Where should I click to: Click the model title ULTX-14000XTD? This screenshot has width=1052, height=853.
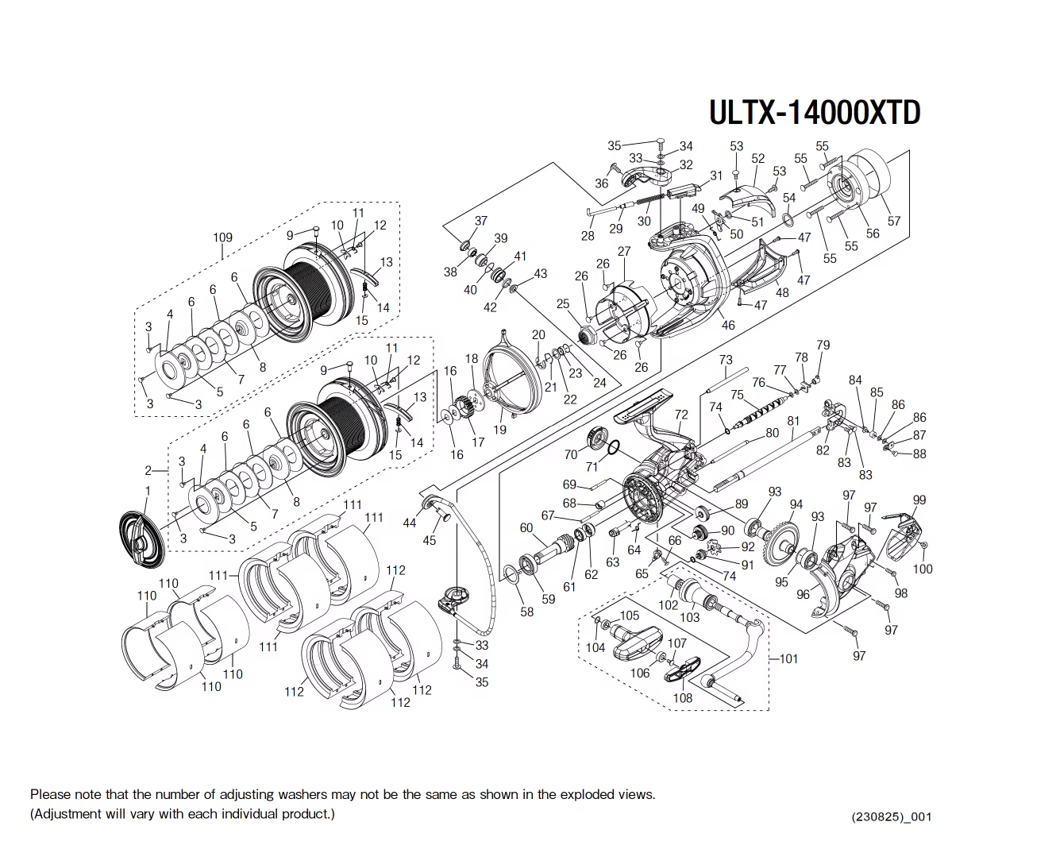(x=814, y=112)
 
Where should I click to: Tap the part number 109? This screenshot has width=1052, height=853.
(x=222, y=237)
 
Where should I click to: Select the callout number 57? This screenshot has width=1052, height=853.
(x=894, y=222)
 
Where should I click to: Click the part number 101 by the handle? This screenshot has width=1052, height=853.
(x=788, y=658)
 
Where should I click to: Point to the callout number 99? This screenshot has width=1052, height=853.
(x=919, y=500)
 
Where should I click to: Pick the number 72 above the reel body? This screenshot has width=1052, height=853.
(x=681, y=415)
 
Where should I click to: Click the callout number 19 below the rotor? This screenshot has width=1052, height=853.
(x=499, y=430)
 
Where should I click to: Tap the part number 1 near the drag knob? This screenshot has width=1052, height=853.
(x=147, y=492)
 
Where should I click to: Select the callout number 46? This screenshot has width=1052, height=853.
(x=728, y=325)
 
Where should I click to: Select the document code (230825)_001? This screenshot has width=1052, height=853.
(x=891, y=816)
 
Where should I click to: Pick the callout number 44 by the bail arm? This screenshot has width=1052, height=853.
(x=410, y=523)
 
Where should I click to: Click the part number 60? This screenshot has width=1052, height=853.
(x=526, y=528)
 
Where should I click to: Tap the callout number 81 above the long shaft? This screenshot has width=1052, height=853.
(x=793, y=421)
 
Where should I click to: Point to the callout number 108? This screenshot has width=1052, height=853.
(x=682, y=698)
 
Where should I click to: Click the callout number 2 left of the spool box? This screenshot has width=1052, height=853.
(x=148, y=471)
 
